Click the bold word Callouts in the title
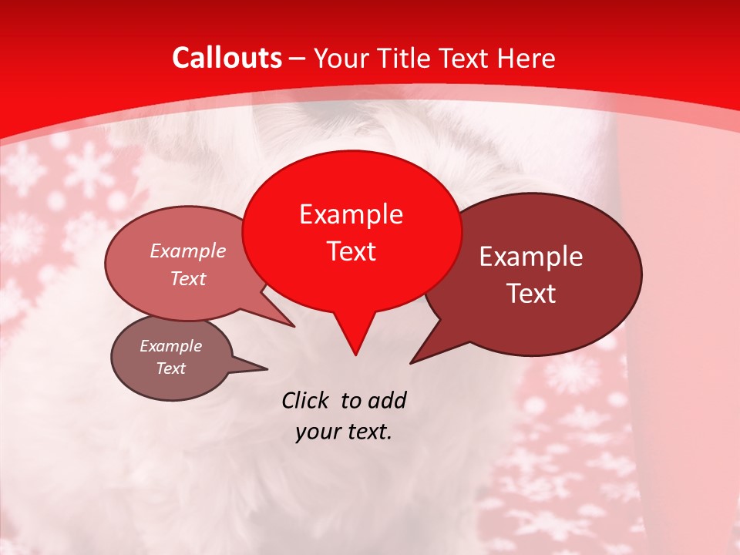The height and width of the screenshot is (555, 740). point(227,58)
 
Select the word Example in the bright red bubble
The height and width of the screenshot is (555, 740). point(351,214)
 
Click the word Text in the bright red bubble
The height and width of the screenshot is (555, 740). point(351,251)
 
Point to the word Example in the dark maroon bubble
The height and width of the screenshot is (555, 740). point(531,257)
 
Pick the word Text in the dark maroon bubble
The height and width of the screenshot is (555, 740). point(531,293)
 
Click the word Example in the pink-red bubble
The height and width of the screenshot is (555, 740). point(188,251)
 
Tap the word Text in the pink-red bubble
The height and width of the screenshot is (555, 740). point(188,278)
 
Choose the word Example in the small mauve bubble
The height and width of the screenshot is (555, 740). point(171,346)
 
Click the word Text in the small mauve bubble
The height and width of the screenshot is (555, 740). point(171,368)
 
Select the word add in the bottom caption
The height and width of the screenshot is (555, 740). point(386,400)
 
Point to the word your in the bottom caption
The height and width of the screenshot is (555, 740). point(318,432)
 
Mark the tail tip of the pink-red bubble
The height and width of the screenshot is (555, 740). point(294,326)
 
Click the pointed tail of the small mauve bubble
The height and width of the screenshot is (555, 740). point(266,368)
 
